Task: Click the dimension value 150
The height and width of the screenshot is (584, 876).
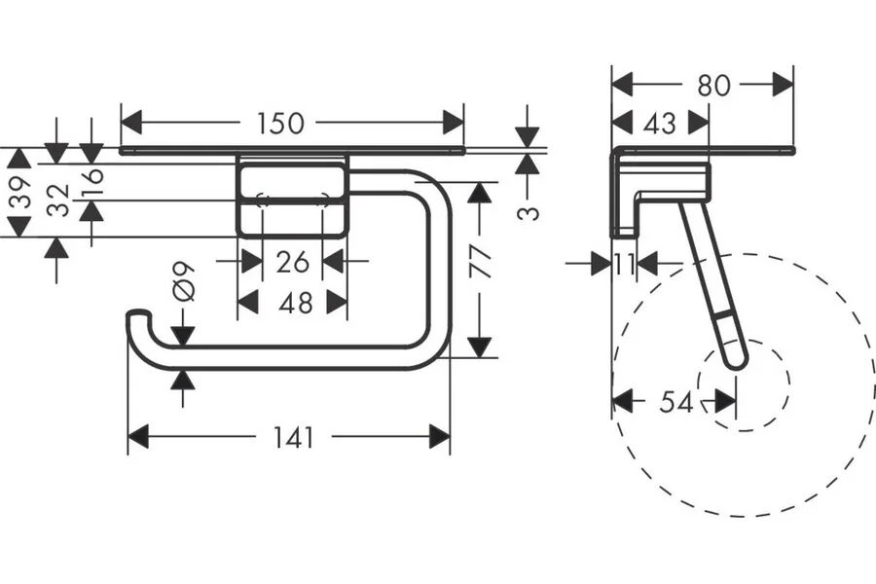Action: (280, 124)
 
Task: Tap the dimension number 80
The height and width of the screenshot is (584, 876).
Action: (713, 85)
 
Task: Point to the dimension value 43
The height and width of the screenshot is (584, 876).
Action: (659, 124)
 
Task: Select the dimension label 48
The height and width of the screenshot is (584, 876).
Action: (294, 303)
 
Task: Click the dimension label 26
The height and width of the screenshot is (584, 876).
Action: (293, 261)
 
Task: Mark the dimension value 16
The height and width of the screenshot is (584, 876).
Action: (91, 181)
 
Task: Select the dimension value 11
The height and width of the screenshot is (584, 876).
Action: (624, 264)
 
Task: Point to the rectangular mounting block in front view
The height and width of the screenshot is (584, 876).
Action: (293, 200)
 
